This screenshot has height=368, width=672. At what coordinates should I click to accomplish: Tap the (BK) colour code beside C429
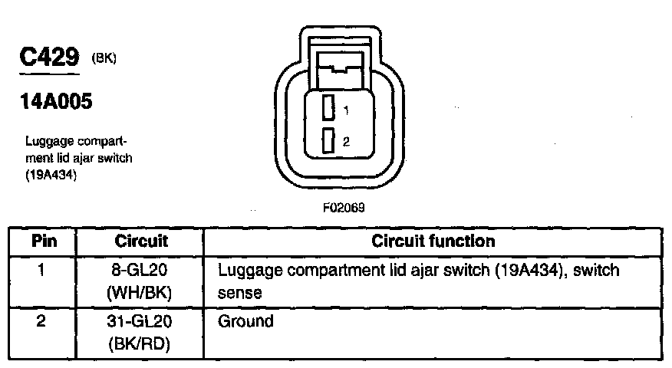click(104, 59)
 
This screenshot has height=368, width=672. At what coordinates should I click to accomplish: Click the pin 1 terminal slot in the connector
click(328, 108)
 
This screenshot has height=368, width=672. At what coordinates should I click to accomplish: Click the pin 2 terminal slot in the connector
click(328, 140)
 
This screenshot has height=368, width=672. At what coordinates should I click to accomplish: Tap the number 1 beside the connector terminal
click(346, 111)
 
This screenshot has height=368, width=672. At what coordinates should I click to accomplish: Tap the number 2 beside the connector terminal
click(346, 142)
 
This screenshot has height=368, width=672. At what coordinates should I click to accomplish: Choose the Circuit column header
click(141, 241)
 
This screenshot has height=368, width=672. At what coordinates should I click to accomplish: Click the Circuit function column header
click(433, 241)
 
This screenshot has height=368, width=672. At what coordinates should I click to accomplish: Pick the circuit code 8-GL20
click(141, 271)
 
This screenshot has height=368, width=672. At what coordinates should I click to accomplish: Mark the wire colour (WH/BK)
click(141, 294)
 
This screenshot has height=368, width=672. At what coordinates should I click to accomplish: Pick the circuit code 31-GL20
click(141, 321)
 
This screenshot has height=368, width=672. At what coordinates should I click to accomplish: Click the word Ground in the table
click(245, 321)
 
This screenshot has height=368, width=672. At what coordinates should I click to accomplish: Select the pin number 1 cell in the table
click(41, 271)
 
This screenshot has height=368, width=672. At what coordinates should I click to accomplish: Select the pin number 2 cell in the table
click(41, 321)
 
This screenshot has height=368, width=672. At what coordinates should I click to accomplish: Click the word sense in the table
click(240, 294)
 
